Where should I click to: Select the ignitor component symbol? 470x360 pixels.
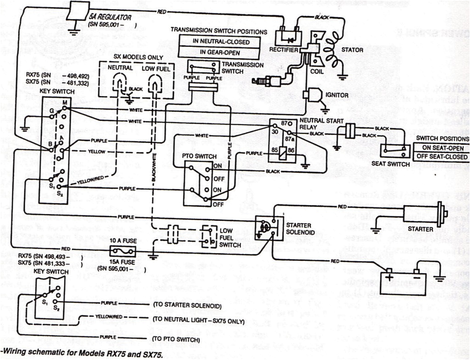click(313, 95)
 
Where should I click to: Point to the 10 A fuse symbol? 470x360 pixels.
click(123, 251)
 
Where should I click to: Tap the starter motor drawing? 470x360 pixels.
click(422, 213)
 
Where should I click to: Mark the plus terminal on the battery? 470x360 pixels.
click(389, 278)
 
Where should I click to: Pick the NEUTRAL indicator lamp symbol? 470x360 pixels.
click(120, 84)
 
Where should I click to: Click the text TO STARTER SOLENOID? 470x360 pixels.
click(186, 306)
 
